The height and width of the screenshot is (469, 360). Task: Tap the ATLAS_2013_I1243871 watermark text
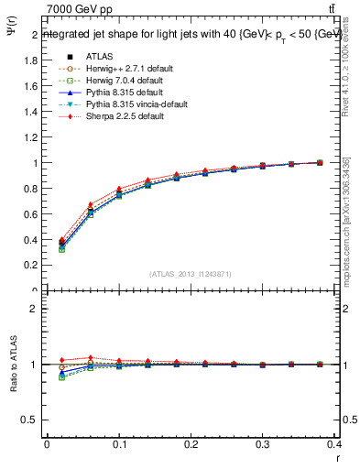[x=191, y=274]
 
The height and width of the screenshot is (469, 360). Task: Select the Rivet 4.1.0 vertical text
[x=346, y=81]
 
